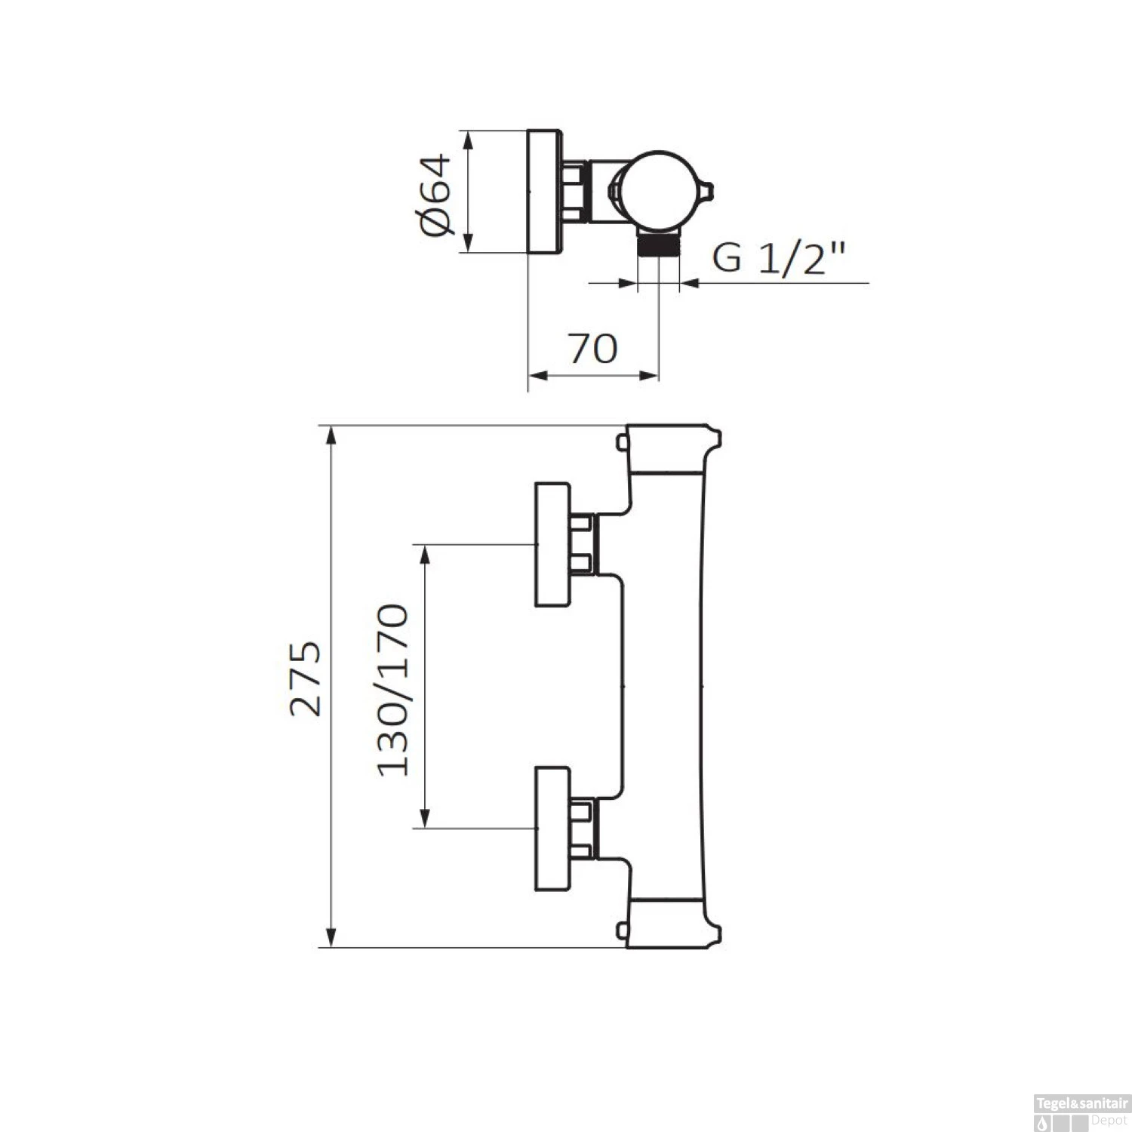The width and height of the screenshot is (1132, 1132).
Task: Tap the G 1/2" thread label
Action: pos(777,258)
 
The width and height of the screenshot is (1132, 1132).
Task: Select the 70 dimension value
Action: pos(593,349)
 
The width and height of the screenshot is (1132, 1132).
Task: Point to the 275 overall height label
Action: pos(306,678)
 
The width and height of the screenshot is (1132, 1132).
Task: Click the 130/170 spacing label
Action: pos(392,691)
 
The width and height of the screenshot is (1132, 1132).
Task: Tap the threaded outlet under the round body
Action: pos(659,246)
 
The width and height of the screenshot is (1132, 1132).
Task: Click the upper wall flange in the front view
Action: pos(553,544)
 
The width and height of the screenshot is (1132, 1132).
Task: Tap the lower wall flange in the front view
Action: pos(553,828)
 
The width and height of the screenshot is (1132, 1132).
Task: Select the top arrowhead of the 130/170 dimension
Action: pos(425,555)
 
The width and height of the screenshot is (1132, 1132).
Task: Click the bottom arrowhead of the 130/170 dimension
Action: pos(425,818)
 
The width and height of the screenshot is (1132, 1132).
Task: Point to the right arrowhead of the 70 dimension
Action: pos(650,375)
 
